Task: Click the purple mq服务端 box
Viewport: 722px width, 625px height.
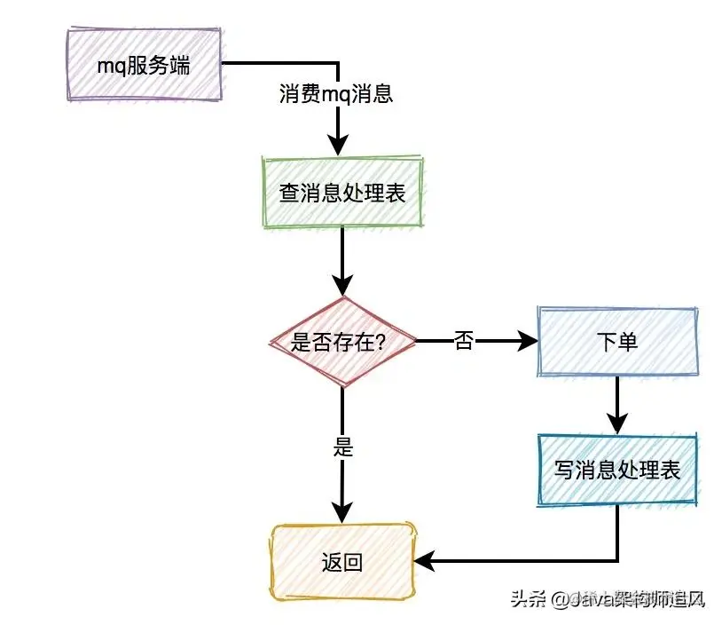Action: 144,66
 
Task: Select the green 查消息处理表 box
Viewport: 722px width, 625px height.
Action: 341,193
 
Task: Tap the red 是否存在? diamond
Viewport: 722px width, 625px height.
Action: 341,341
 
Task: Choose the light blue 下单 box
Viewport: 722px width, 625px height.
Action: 616,342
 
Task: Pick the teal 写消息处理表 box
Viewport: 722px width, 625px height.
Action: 616,469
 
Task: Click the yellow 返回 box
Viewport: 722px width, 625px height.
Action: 341,561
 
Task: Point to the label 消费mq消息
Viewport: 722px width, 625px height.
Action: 336,94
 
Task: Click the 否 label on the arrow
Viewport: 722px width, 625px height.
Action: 464,341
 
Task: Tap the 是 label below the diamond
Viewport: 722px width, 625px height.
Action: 342,447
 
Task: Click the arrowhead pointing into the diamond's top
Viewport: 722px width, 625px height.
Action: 341,286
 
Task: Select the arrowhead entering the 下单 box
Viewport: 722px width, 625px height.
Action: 527,341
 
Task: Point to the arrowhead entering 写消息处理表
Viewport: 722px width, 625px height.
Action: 616,424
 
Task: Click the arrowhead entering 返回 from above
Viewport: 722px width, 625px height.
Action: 341,514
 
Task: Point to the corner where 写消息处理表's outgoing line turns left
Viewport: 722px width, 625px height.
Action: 616,561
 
